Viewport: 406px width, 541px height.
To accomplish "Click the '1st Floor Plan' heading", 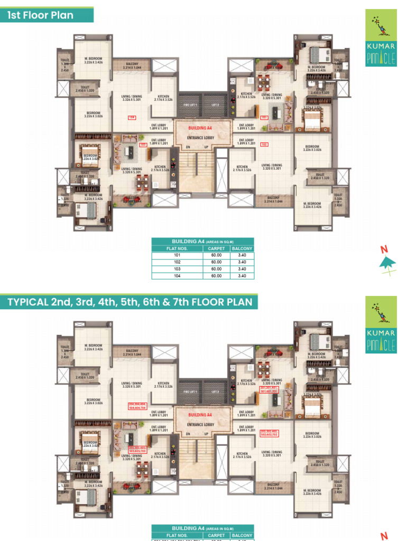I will point(40,15).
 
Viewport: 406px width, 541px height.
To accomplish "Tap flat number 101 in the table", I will point(177,255).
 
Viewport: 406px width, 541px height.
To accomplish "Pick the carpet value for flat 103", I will point(217,269).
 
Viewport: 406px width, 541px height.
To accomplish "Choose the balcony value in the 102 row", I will point(242,262).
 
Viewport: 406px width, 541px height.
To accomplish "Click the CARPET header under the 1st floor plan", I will point(217,248).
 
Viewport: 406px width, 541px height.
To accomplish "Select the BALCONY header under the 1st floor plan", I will point(242,248).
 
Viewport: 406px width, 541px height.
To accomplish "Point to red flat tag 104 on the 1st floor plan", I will point(132,117).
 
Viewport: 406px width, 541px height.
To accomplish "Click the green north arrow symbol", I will point(387,261).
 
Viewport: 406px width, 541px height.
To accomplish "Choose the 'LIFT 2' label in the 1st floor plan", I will point(215,105).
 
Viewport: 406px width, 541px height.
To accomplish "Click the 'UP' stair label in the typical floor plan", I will point(206,434).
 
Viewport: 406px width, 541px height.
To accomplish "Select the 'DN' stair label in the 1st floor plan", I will point(188,146).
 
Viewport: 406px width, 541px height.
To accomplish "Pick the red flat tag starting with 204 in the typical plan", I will point(137,406).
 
